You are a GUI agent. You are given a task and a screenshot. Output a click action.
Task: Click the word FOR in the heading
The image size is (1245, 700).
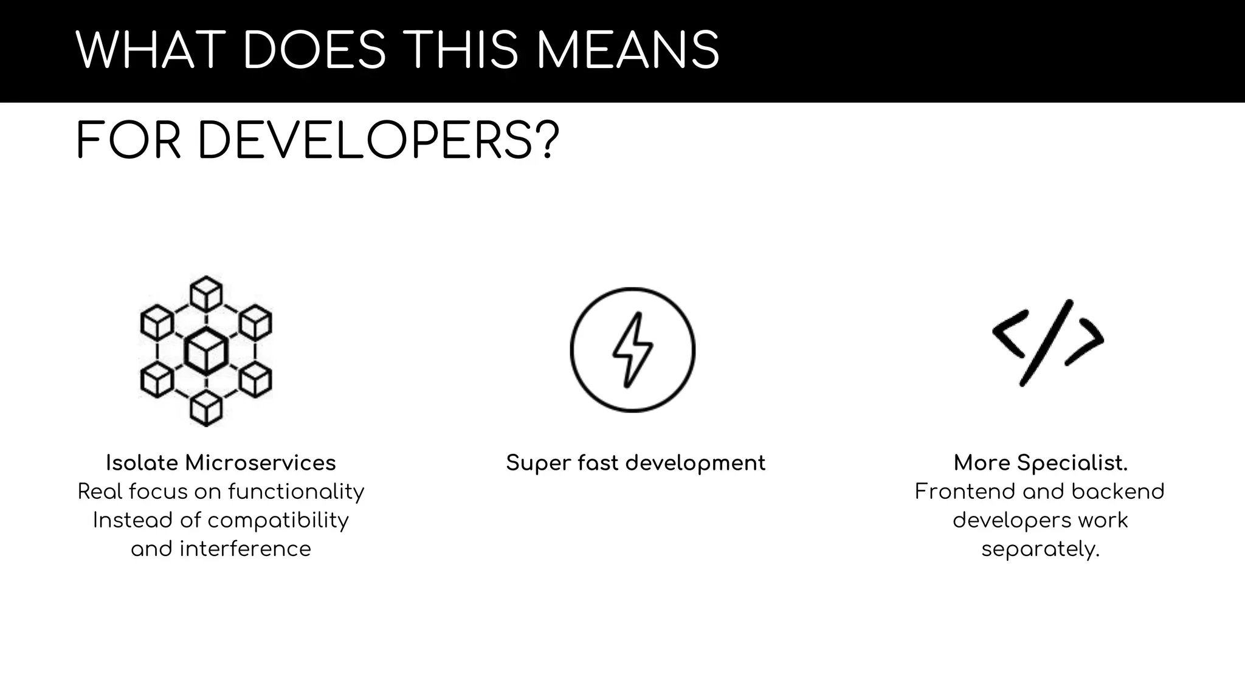tap(128, 142)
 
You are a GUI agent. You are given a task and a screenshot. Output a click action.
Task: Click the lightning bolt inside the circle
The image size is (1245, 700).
tap(632, 350)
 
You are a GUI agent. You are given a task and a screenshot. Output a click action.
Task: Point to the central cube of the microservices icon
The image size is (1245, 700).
tap(206, 351)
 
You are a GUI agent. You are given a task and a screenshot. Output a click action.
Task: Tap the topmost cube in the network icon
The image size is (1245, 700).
tap(206, 293)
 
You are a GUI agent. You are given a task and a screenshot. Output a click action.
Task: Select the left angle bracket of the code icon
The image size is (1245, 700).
tap(1010, 334)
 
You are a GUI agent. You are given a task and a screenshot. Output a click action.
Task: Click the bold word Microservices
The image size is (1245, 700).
tap(260, 463)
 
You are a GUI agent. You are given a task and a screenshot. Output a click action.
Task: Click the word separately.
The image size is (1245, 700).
tap(1040, 549)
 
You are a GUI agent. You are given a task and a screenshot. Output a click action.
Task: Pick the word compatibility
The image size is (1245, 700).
tap(278, 521)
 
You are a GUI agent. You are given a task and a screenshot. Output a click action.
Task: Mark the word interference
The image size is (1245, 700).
tap(245, 549)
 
